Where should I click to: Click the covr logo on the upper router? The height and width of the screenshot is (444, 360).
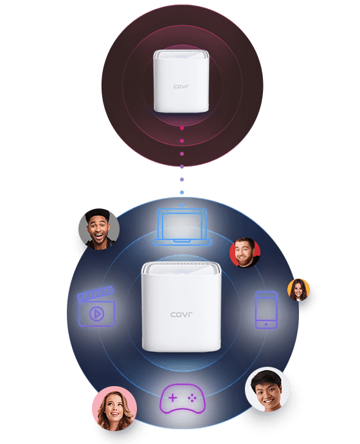[181, 86]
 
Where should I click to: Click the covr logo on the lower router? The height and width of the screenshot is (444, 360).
[181, 314]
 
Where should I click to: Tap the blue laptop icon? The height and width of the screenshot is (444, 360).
[182, 227]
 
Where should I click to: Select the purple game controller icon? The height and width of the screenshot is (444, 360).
[183, 398]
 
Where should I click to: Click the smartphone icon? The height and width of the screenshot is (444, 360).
[266, 310]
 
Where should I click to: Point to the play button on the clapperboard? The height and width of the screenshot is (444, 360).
[96, 314]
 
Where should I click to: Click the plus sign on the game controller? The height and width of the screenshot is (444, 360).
[172, 398]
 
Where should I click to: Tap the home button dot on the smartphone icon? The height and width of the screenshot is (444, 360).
[266, 324]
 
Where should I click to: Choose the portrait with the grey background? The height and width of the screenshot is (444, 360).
[99, 229]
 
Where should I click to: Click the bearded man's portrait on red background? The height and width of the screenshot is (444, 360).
[245, 252]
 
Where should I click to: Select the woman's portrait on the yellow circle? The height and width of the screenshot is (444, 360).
[298, 290]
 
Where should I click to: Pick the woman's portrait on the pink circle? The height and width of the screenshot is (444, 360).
[114, 409]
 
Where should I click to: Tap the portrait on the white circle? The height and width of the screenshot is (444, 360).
[267, 389]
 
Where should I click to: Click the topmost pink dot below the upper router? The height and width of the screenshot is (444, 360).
[182, 128]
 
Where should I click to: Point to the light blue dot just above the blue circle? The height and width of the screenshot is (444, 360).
[182, 192]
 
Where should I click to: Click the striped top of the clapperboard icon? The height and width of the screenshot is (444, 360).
[95, 293]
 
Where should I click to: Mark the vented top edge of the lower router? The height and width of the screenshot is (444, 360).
[181, 264]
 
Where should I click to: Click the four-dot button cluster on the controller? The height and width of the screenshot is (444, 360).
[192, 398]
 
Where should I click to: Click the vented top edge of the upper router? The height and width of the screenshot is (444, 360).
[181, 51]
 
